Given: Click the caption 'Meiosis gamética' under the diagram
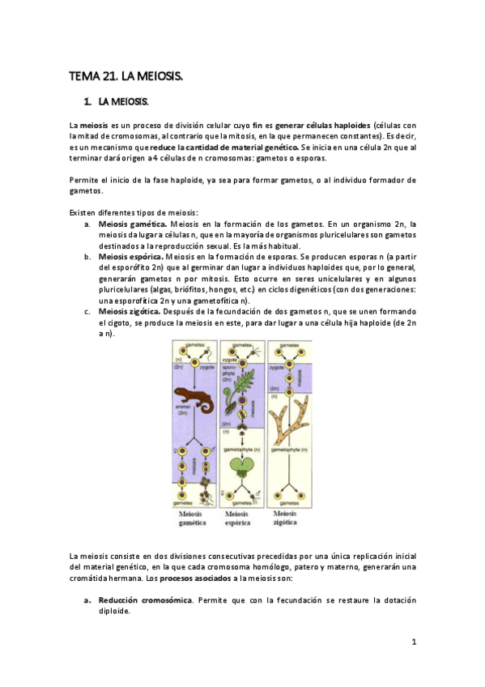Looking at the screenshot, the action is (194, 518).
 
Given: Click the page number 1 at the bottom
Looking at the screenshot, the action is (413, 642).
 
